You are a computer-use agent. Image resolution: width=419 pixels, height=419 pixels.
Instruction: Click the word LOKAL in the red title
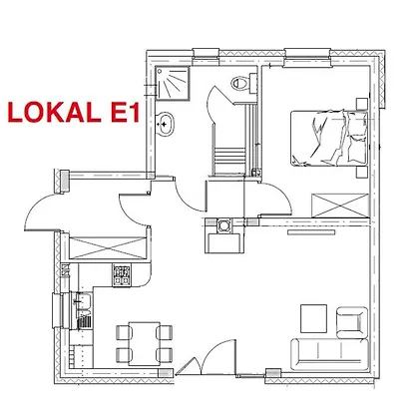coord(54,113)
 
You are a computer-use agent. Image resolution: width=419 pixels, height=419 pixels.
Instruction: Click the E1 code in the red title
coord(125,113)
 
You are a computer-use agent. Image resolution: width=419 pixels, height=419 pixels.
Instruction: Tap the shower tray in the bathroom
coord(173,83)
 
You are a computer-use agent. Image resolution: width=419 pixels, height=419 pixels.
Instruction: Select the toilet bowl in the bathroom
coord(240,82)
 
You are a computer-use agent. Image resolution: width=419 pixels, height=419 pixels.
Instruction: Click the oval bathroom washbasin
coord(165,124)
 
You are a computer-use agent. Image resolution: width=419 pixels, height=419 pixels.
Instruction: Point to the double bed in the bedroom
coord(329,138)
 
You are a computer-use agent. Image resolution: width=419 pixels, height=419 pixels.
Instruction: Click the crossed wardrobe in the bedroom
coord(340,206)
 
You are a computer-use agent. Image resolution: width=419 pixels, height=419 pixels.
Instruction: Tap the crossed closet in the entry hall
coord(108,247)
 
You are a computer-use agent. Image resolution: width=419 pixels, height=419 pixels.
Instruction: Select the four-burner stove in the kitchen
coord(122,275)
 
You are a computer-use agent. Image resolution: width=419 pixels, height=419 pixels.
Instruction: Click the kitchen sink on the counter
coord(82,303)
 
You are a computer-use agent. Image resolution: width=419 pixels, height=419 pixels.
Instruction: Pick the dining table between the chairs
coord(145,343)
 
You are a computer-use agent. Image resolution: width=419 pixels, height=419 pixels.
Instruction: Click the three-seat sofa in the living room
coord(329,354)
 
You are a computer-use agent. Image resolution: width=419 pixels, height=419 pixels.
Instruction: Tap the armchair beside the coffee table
coord(352,322)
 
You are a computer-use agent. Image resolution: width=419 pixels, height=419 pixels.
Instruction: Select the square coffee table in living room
coord(313,318)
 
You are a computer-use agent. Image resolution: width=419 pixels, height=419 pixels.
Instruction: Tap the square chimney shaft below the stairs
coord(223,224)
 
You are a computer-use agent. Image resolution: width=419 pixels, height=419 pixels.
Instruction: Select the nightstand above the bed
coord(362,104)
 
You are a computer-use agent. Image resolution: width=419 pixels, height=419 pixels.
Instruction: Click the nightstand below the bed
coord(362,173)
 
